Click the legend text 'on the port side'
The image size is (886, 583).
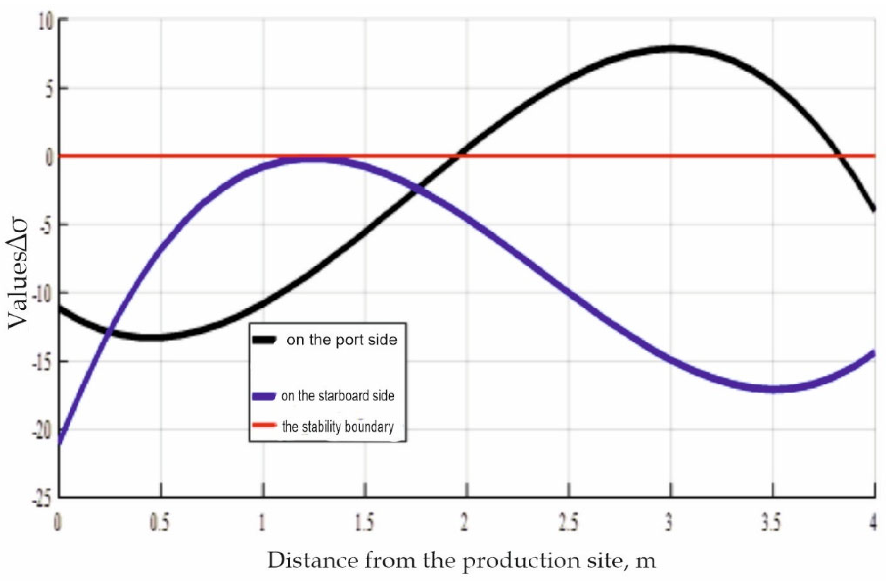click(x=341, y=340)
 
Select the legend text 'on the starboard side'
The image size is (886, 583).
click(x=338, y=396)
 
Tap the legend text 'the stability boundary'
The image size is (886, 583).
click(x=338, y=427)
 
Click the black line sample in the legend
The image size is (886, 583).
click(x=264, y=340)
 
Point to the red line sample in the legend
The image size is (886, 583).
click(x=264, y=425)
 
